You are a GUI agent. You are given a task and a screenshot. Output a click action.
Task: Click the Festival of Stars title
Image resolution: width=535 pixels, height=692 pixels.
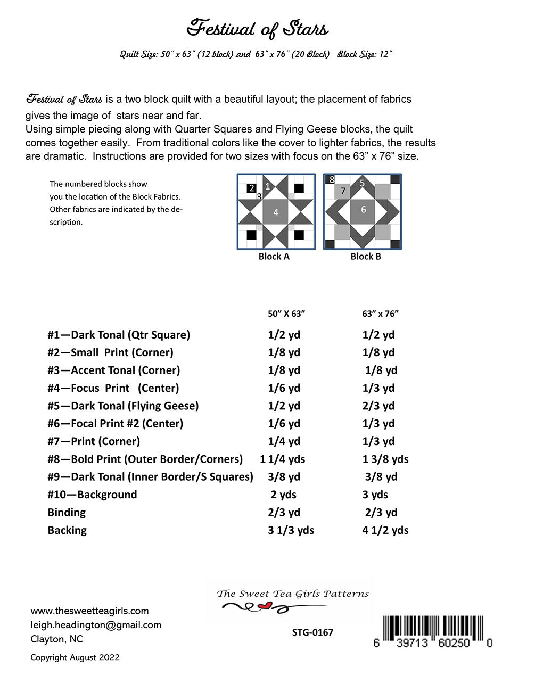tap(257, 28)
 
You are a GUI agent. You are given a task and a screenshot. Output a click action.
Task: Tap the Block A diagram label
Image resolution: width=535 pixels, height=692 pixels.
tap(274, 257)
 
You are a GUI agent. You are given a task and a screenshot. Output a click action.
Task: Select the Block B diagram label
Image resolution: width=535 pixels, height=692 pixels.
tap(366, 257)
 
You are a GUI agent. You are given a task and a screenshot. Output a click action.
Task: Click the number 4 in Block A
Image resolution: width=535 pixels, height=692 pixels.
tap(276, 212)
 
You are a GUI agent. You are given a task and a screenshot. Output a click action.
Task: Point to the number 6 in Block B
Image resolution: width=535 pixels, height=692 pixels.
tap(364, 209)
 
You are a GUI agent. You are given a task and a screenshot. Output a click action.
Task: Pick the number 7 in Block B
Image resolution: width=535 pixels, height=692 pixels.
tap(343, 191)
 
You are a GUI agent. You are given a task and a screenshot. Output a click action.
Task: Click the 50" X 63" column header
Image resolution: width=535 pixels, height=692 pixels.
tap(286, 314)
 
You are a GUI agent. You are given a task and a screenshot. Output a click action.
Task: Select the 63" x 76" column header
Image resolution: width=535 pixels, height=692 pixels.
tap(380, 314)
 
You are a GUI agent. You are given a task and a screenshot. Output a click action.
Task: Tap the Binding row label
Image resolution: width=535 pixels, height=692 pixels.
tap(67, 512)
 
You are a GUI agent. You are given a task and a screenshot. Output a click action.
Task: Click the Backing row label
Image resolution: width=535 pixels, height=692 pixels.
tap(67, 530)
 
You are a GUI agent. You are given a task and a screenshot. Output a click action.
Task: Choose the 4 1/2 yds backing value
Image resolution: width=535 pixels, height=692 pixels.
tap(385, 530)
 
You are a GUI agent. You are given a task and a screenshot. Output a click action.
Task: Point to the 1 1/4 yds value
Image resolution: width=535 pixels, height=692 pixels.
tap(283, 459)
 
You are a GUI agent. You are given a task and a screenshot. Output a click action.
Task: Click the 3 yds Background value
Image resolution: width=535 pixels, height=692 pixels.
tap(375, 495)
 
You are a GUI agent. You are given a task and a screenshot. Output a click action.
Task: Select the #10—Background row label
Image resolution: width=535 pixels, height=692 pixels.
tap(92, 495)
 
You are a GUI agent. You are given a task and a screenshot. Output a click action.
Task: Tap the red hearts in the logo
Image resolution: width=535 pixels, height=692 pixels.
tap(262, 606)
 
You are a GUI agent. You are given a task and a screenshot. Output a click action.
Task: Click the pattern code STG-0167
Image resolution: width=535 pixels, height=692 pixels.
tap(312, 632)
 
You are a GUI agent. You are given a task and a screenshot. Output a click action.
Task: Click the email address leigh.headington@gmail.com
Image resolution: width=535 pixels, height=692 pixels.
tap(96, 625)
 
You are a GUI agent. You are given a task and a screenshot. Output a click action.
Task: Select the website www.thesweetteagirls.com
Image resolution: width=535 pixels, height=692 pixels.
tap(89, 611)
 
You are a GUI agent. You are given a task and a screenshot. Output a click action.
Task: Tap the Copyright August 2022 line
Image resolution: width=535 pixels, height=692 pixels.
tap(75, 657)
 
